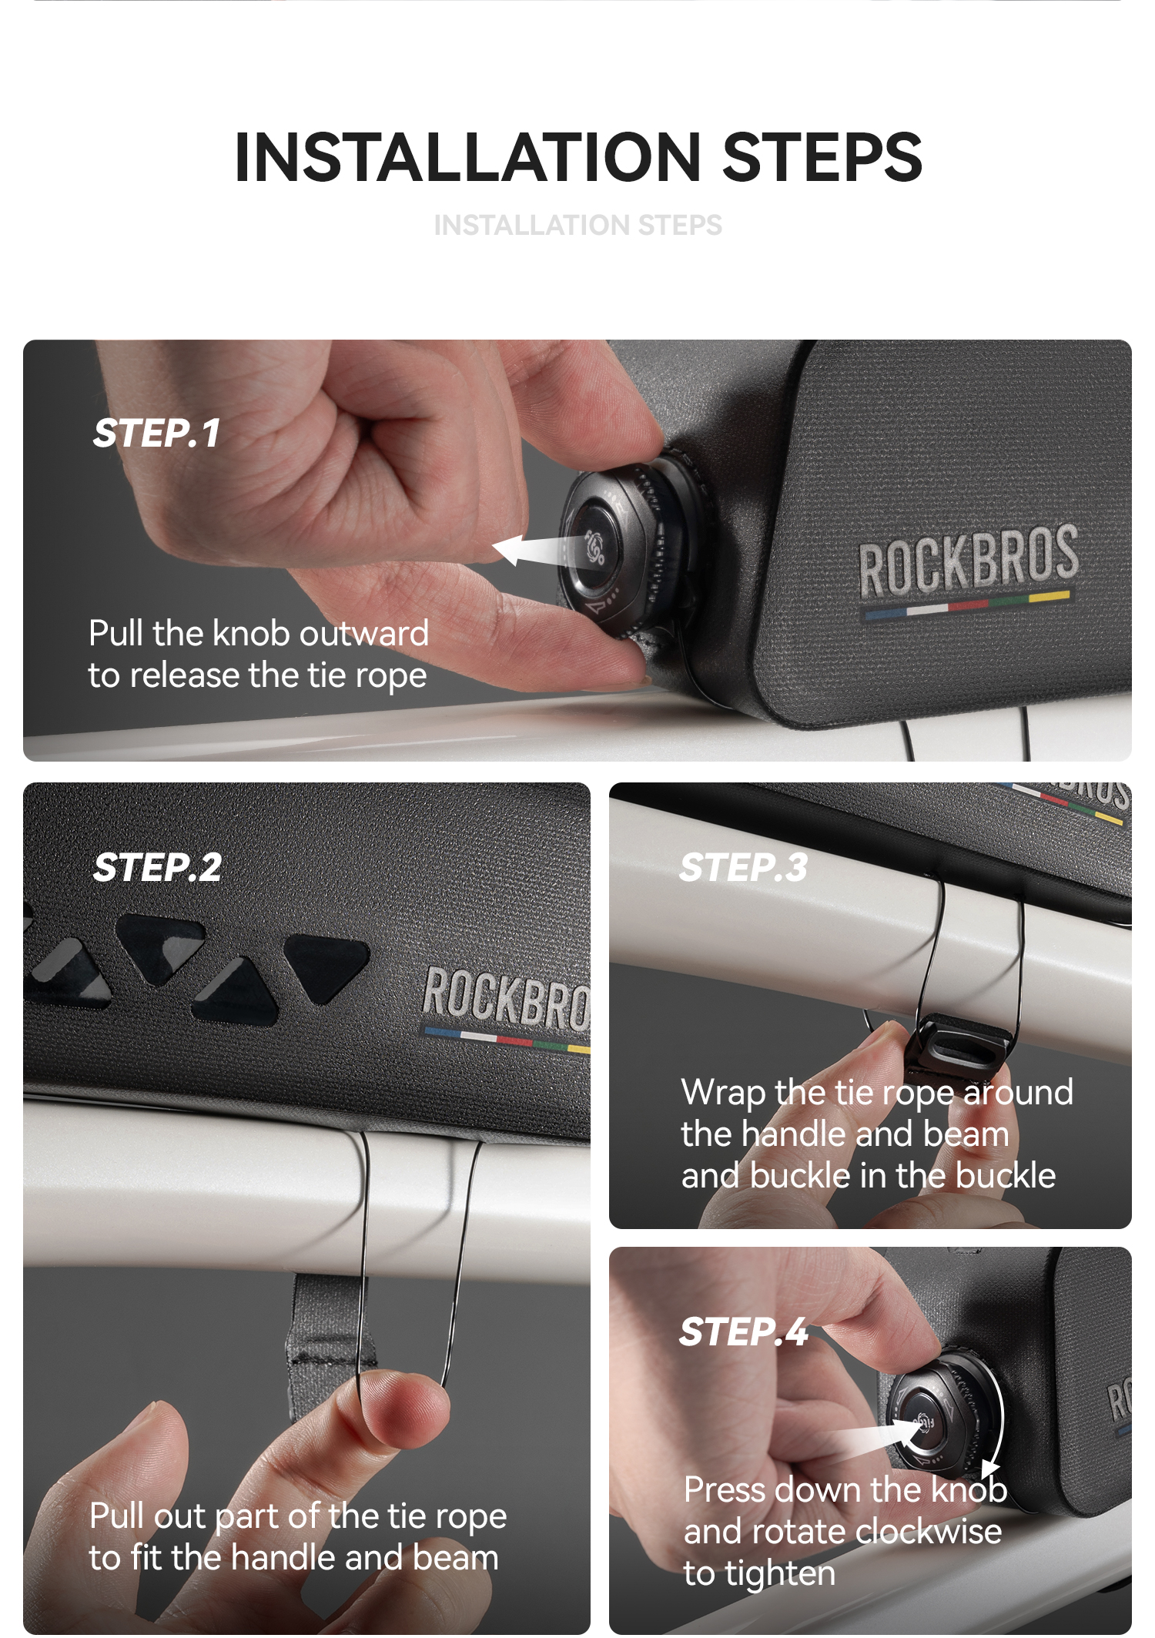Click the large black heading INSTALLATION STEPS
[578, 158]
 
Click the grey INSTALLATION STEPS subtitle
[578, 226]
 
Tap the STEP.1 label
[157, 433]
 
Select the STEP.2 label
[157, 868]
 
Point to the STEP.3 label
[743, 868]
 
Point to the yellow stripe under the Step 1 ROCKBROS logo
[1050, 595]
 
